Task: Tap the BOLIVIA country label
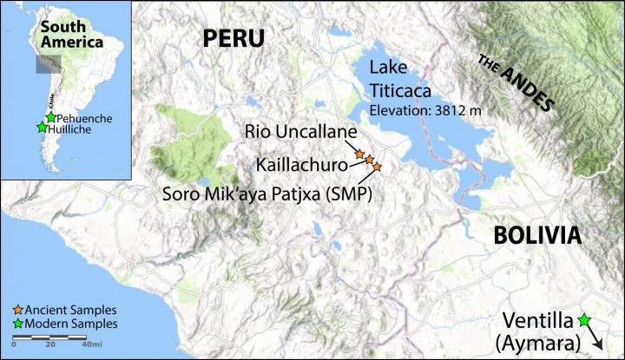pyautogui.click(x=536, y=235)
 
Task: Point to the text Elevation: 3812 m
pyautogui.click(x=423, y=110)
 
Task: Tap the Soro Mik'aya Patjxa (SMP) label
pyautogui.click(x=266, y=193)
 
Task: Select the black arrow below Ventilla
pyautogui.click(x=593, y=337)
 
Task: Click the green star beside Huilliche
pyautogui.click(x=41, y=128)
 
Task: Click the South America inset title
pyautogui.click(x=64, y=29)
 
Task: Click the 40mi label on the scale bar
pyautogui.click(x=89, y=345)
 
